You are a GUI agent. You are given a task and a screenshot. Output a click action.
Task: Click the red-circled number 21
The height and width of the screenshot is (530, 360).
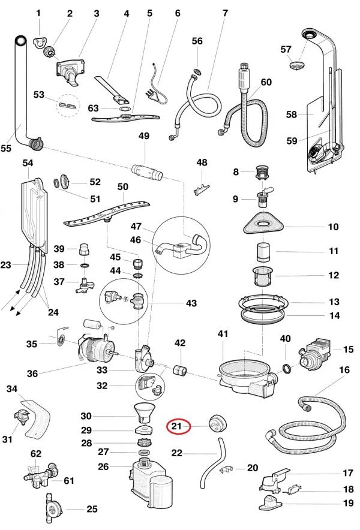point(177,426)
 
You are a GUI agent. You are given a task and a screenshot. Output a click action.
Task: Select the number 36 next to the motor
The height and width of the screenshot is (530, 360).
point(32,373)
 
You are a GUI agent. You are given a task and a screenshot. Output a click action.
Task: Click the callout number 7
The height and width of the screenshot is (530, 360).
point(225,13)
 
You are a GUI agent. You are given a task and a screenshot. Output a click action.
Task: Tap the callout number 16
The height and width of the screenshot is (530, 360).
point(344,371)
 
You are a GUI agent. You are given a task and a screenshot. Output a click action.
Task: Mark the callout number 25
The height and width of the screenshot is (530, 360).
point(92,510)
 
